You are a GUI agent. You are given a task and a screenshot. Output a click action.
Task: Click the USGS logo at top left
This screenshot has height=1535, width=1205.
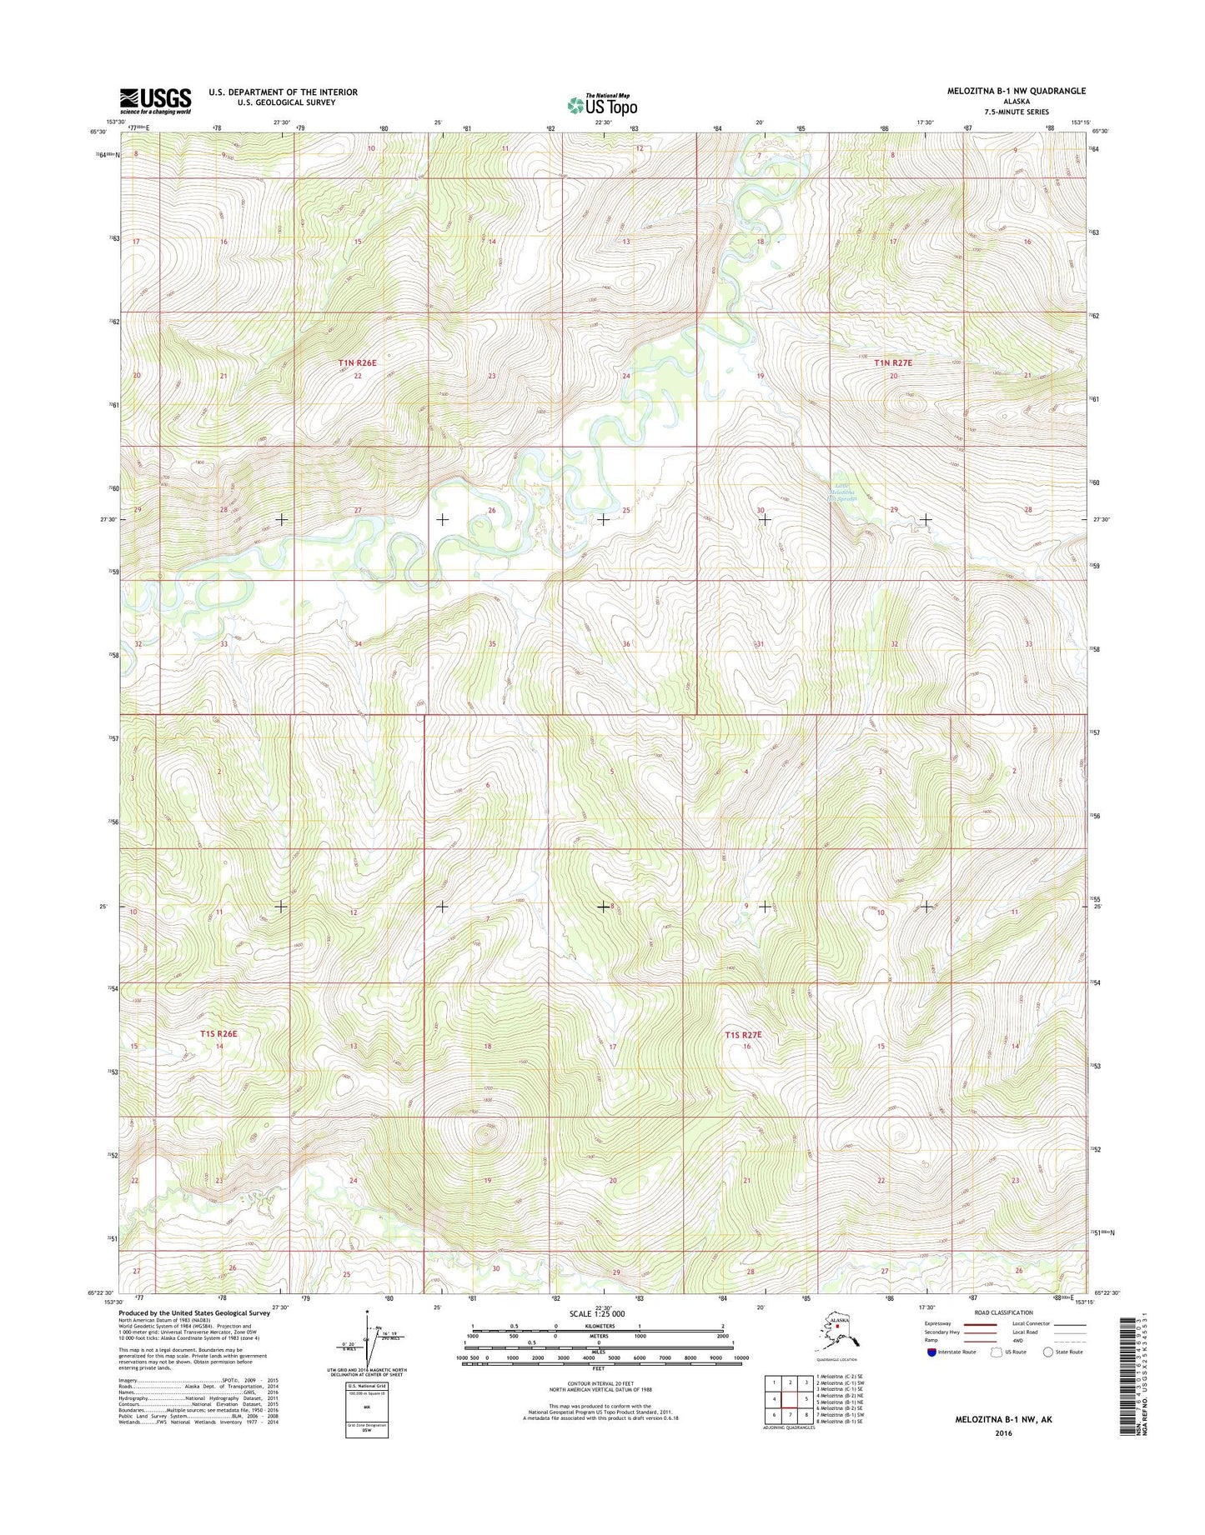tap(155, 101)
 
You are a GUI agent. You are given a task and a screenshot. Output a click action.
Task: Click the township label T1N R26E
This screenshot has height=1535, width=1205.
tap(358, 362)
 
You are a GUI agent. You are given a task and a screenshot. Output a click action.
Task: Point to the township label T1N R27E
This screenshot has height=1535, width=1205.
tap(893, 362)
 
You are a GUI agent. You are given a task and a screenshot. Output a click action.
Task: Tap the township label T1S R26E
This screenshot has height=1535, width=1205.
tap(218, 1033)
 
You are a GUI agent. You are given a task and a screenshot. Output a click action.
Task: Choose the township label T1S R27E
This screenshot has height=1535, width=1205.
tap(743, 1034)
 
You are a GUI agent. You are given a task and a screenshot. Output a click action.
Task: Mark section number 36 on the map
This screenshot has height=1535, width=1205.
tap(626, 644)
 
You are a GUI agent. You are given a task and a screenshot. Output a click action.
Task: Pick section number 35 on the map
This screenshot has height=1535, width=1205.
tap(492, 644)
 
